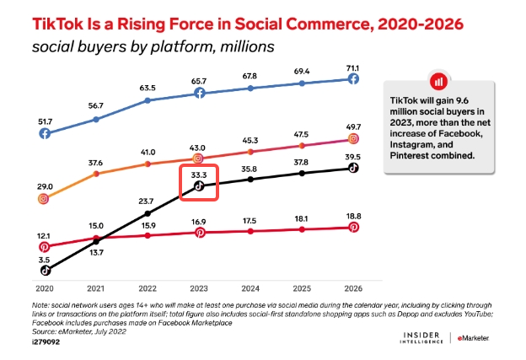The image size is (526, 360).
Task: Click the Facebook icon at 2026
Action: pos(354,78)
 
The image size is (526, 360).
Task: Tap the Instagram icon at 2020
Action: pos(44,199)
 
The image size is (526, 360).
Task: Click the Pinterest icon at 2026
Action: pos(354,228)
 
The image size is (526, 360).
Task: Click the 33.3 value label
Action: pos(199,174)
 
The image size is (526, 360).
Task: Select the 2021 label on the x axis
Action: pos(96,287)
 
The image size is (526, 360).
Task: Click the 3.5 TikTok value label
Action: pos(44,259)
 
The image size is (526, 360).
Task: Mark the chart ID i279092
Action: pos(48,343)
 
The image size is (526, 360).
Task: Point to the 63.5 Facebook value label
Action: pos(148,87)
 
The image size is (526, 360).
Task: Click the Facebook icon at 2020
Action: pos(44,133)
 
